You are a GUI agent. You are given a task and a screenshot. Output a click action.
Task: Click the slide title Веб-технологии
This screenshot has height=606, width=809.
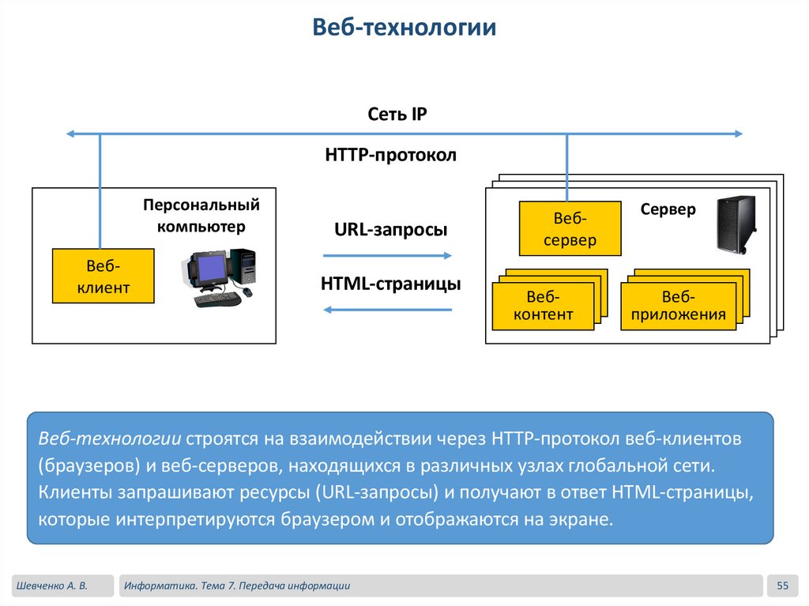tap(404, 28)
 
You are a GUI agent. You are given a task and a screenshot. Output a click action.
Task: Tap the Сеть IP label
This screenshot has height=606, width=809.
tap(397, 114)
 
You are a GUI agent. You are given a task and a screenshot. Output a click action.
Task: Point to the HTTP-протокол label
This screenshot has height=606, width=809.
tap(390, 155)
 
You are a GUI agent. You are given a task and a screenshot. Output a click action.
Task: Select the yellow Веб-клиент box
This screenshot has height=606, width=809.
tap(103, 276)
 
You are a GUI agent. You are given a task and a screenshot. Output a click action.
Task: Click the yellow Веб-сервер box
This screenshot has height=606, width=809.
tap(569, 228)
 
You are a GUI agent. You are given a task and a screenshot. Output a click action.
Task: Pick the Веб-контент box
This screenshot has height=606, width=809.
tap(543, 306)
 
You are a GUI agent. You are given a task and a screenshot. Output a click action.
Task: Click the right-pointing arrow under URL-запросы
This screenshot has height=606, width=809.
tap(388, 255)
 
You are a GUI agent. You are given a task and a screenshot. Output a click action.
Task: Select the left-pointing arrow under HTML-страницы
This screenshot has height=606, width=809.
tap(388, 309)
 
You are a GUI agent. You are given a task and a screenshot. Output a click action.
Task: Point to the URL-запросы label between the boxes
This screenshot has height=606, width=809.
tap(391, 230)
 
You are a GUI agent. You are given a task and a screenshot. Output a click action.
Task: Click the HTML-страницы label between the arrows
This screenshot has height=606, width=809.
tap(390, 283)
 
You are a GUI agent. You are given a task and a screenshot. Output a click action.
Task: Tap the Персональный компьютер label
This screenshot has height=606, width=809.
tap(201, 216)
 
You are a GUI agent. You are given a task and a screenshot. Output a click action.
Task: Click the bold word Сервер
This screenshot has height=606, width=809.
tap(668, 209)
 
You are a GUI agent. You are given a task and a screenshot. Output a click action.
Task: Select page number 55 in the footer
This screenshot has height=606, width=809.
tap(784, 585)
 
